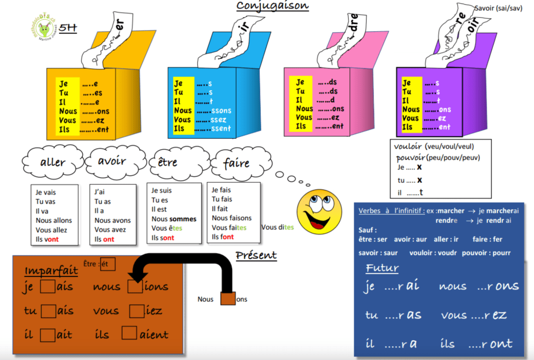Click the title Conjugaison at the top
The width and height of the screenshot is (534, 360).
(272, 6)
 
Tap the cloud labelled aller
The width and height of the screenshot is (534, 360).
(53, 162)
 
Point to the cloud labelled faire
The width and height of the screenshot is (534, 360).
(236, 163)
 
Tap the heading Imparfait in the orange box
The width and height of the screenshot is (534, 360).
(51, 271)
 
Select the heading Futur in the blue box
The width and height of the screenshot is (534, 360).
(382, 268)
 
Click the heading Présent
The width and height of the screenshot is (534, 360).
(256, 255)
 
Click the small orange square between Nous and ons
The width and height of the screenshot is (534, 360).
(228, 299)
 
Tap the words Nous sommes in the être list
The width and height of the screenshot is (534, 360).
(174, 219)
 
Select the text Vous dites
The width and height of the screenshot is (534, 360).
(277, 227)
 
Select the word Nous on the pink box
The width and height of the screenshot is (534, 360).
(305, 109)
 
